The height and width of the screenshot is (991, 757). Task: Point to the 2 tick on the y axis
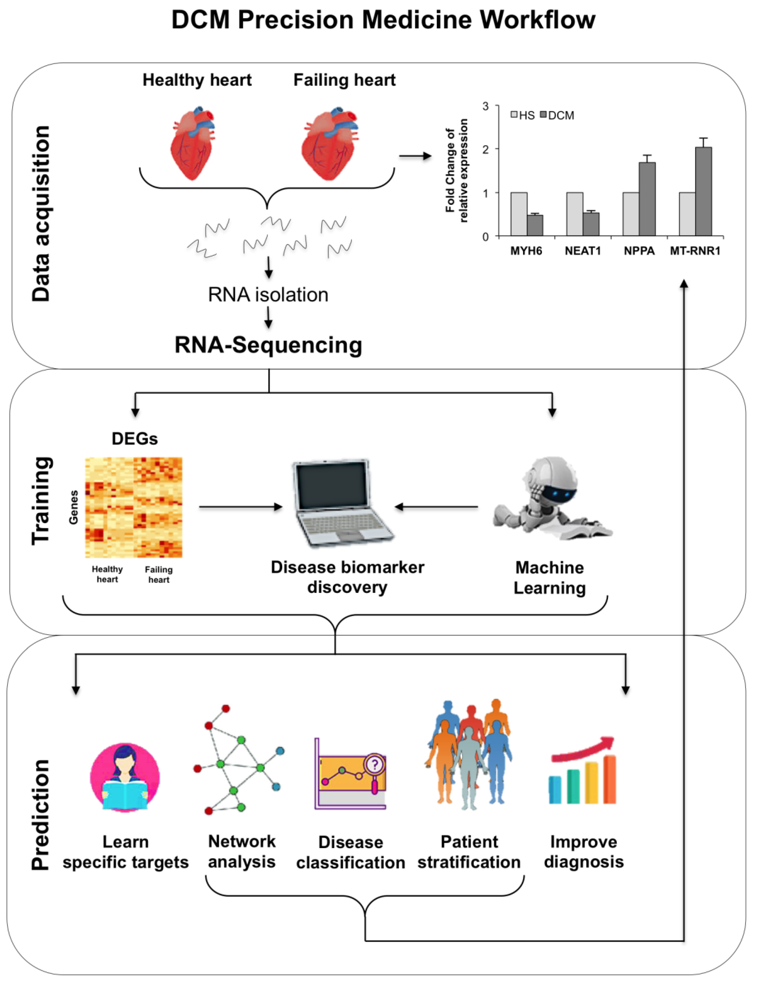coord(485,149)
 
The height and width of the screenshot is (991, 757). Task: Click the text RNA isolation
coord(268,295)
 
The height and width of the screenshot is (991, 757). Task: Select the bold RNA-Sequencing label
coord(268,345)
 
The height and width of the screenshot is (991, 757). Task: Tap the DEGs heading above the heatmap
coord(135,439)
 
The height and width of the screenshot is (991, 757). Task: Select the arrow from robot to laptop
coord(436,507)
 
